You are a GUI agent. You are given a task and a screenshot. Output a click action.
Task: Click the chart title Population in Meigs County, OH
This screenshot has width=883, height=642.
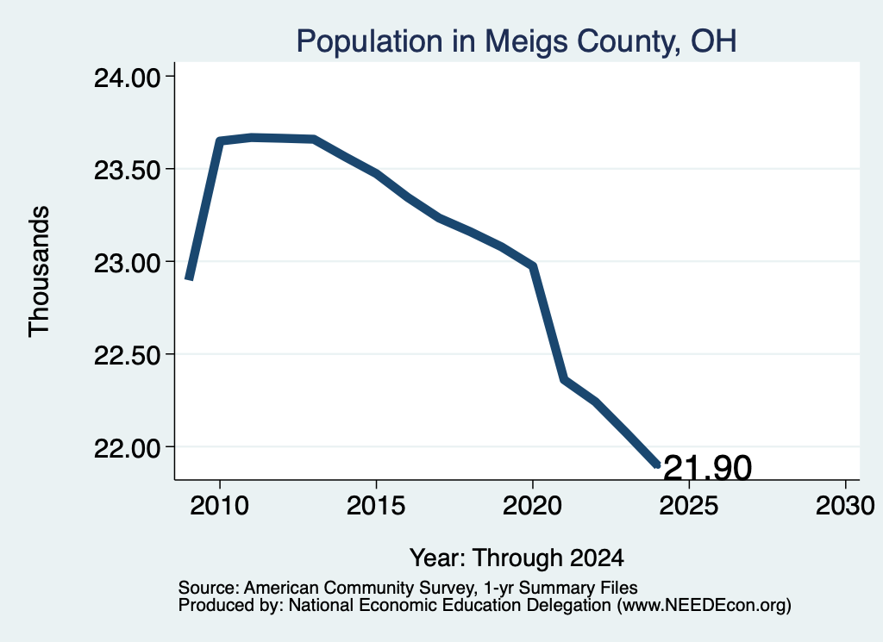coord(517,41)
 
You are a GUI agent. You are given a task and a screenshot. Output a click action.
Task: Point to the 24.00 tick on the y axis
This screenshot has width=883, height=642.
coord(128,78)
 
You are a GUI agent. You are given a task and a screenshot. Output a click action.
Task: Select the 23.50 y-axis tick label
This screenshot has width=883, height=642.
coord(128,170)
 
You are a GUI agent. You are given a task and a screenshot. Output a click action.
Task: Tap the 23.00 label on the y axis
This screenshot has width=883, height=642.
coord(128,263)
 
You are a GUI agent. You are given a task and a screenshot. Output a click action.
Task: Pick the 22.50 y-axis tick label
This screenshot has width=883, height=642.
coord(128,355)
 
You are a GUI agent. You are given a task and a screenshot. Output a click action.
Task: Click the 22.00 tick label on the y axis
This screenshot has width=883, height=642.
coord(128,448)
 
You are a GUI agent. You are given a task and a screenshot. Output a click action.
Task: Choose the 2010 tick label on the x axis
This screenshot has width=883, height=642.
coord(220,505)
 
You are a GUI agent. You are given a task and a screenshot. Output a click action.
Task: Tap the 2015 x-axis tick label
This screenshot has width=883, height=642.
coord(376,505)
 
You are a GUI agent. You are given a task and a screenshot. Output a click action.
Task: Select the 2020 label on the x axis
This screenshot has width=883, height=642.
coord(532,505)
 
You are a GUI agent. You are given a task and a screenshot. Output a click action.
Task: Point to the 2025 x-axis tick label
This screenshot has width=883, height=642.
coord(689,505)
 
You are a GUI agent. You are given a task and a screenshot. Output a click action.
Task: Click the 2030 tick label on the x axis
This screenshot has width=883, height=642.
coord(845,505)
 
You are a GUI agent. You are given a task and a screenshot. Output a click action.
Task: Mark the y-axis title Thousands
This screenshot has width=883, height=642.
coord(40,271)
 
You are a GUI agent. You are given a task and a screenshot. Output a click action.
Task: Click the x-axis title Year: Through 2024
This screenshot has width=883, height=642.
coord(517,558)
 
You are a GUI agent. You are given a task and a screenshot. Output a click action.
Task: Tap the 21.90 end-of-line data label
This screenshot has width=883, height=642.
coord(708,467)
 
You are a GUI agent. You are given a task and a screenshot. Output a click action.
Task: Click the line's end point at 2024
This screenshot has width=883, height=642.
coord(657,465)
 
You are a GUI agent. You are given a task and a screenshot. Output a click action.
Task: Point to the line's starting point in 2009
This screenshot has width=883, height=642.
coord(189,279)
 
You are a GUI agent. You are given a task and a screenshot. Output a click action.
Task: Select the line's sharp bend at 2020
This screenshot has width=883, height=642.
coord(532,265)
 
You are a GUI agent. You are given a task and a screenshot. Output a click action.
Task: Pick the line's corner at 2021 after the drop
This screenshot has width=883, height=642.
coord(564,380)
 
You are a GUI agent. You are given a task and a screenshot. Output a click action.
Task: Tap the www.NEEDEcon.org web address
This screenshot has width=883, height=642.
coord(705,606)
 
